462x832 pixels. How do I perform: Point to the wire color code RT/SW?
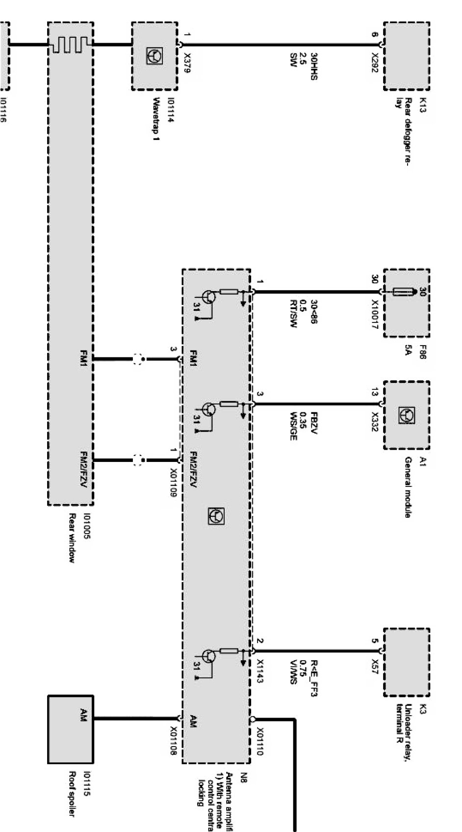coord(294,314)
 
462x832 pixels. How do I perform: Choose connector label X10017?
coord(375,314)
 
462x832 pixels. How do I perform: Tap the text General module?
coord(408,487)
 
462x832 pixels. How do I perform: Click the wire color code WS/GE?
coord(294,426)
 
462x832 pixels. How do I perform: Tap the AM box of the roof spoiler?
coord(71,729)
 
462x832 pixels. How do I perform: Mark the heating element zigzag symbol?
coord(72,45)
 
